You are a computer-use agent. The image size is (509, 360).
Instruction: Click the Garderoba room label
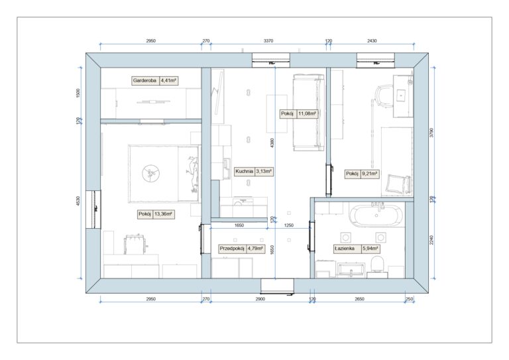point(144,80)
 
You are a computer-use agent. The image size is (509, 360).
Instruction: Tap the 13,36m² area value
point(163,214)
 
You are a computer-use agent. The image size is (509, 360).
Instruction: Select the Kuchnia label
point(245,172)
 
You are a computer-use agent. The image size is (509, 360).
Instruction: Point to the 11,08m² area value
point(307,113)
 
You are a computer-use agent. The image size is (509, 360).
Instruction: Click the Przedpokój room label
point(232,249)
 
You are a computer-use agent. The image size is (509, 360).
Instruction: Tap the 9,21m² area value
point(370,174)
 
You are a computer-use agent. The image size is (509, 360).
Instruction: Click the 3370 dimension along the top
point(268,41)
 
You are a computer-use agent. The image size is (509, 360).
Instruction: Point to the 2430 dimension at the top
point(372,41)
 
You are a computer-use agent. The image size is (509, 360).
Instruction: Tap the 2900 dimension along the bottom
point(260,299)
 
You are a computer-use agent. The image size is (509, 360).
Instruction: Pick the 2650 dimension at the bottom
point(359,299)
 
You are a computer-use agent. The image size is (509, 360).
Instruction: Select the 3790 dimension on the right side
point(431,133)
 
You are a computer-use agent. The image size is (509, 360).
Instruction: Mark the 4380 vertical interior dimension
point(272,143)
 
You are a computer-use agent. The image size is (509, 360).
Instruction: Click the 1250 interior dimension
point(288,225)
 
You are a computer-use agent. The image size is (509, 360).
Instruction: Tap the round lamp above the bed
point(150,173)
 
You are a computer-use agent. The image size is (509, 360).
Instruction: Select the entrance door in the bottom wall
point(277,286)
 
